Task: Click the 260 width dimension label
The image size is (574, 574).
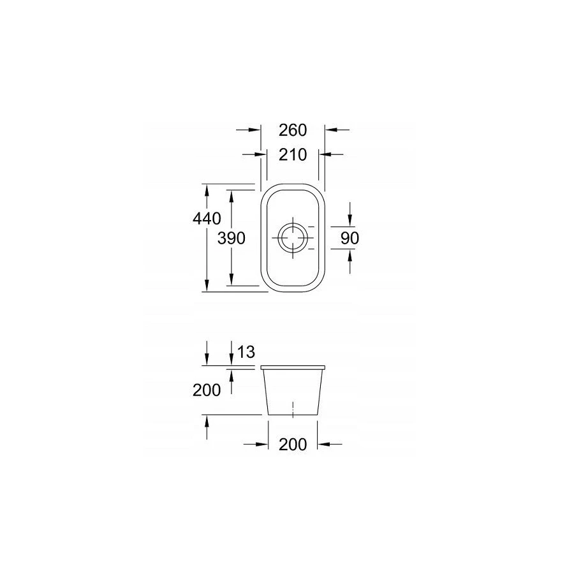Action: [x=293, y=130]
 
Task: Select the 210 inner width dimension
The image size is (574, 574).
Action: [x=293, y=155]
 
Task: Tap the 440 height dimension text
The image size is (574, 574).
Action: [x=207, y=219]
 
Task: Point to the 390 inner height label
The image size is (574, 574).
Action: [x=232, y=239]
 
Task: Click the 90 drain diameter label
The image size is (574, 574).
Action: [x=350, y=239]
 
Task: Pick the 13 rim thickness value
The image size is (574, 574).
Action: [x=246, y=352]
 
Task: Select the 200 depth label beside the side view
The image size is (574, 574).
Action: [x=207, y=390]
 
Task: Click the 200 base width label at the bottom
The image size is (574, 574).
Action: [x=293, y=445]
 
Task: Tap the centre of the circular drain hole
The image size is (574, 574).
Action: [x=293, y=239]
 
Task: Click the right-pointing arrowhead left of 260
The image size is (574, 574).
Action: [x=254, y=129]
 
